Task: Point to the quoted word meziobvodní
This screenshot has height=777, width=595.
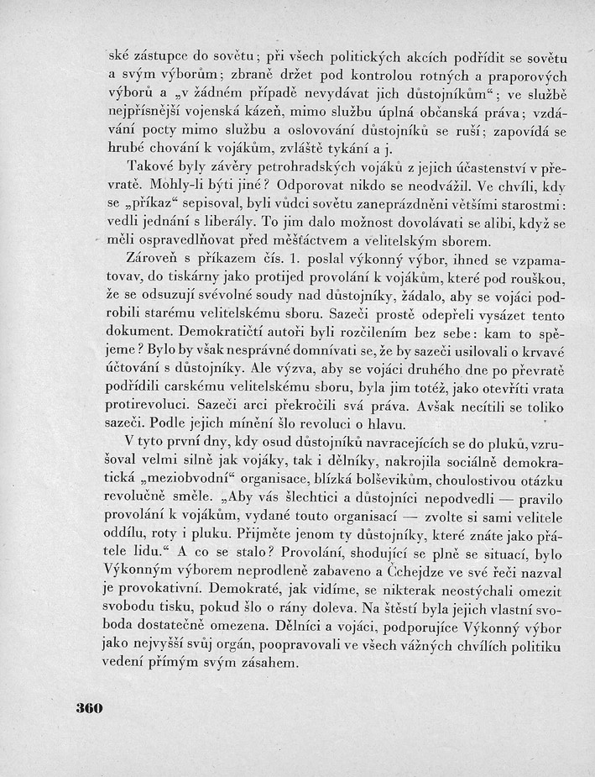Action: (x=187, y=483)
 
